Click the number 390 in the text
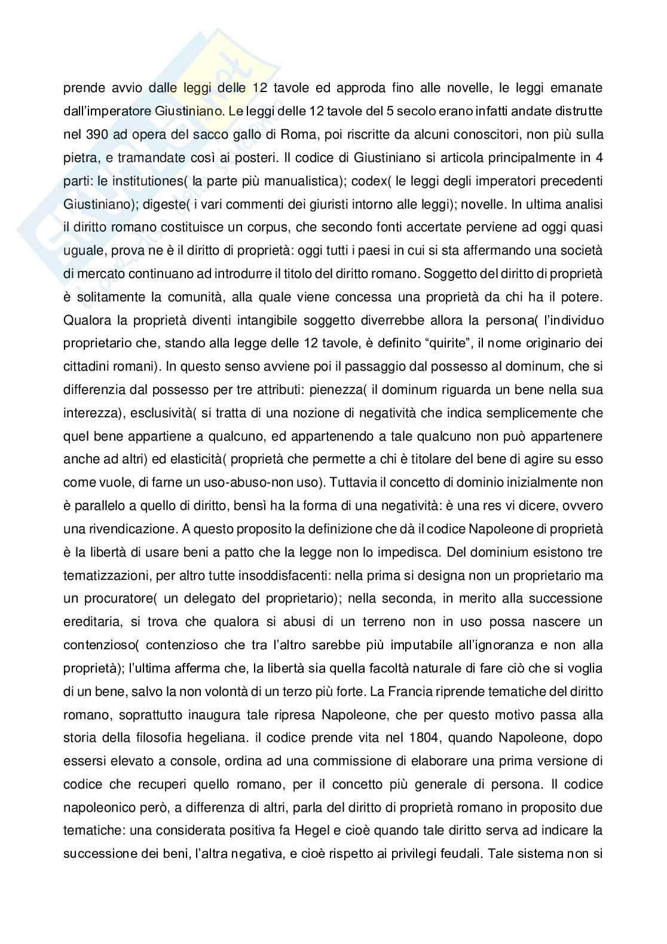pyautogui.click(x=96, y=135)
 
